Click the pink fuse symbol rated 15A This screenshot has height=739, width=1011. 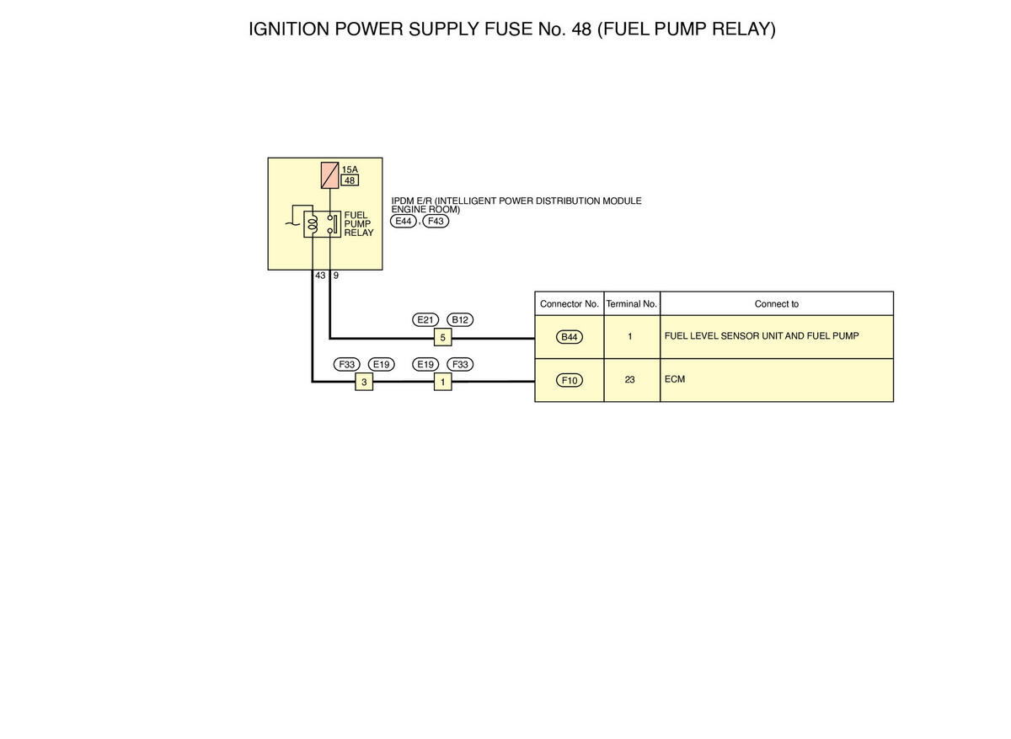coord(330,175)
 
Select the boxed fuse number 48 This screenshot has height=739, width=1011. coord(350,180)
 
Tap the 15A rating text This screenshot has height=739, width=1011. coord(350,169)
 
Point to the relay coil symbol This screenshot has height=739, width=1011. coord(313,224)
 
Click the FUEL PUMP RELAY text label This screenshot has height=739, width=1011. coord(359,224)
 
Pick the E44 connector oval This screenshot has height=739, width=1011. coord(403,222)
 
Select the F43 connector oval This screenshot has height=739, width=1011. coord(436,222)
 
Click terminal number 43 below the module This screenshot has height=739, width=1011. coord(320,276)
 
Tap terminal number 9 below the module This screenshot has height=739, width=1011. coord(336,276)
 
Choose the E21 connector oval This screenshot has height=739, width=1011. coord(425,320)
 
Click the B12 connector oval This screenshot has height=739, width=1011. coord(460,320)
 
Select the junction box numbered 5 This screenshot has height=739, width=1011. coord(443,337)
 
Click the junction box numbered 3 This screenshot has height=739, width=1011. coord(364,382)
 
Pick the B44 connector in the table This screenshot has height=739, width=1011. coord(570,337)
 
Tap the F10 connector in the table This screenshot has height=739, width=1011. coord(570,381)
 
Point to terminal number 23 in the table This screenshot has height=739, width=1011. coord(629,380)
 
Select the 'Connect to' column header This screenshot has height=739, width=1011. coord(777,304)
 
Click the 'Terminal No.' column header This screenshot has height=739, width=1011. coord(631,304)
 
